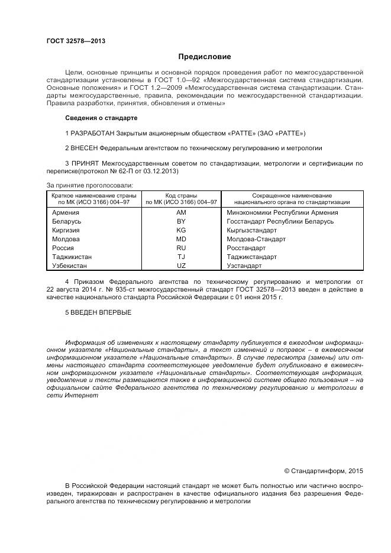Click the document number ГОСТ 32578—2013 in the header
pos(76,41)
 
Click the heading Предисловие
pos(205,57)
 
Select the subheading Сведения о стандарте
pos(101,118)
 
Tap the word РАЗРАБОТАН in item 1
pos(93,133)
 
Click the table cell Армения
pos(66,212)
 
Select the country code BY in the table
pos(181,221)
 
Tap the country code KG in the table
pos(181,230)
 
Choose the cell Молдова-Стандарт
pos(256,239)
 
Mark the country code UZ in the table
pos(181,266)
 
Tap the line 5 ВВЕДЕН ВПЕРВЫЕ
pos(98,312)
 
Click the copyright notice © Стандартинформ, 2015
pos(323,471)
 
